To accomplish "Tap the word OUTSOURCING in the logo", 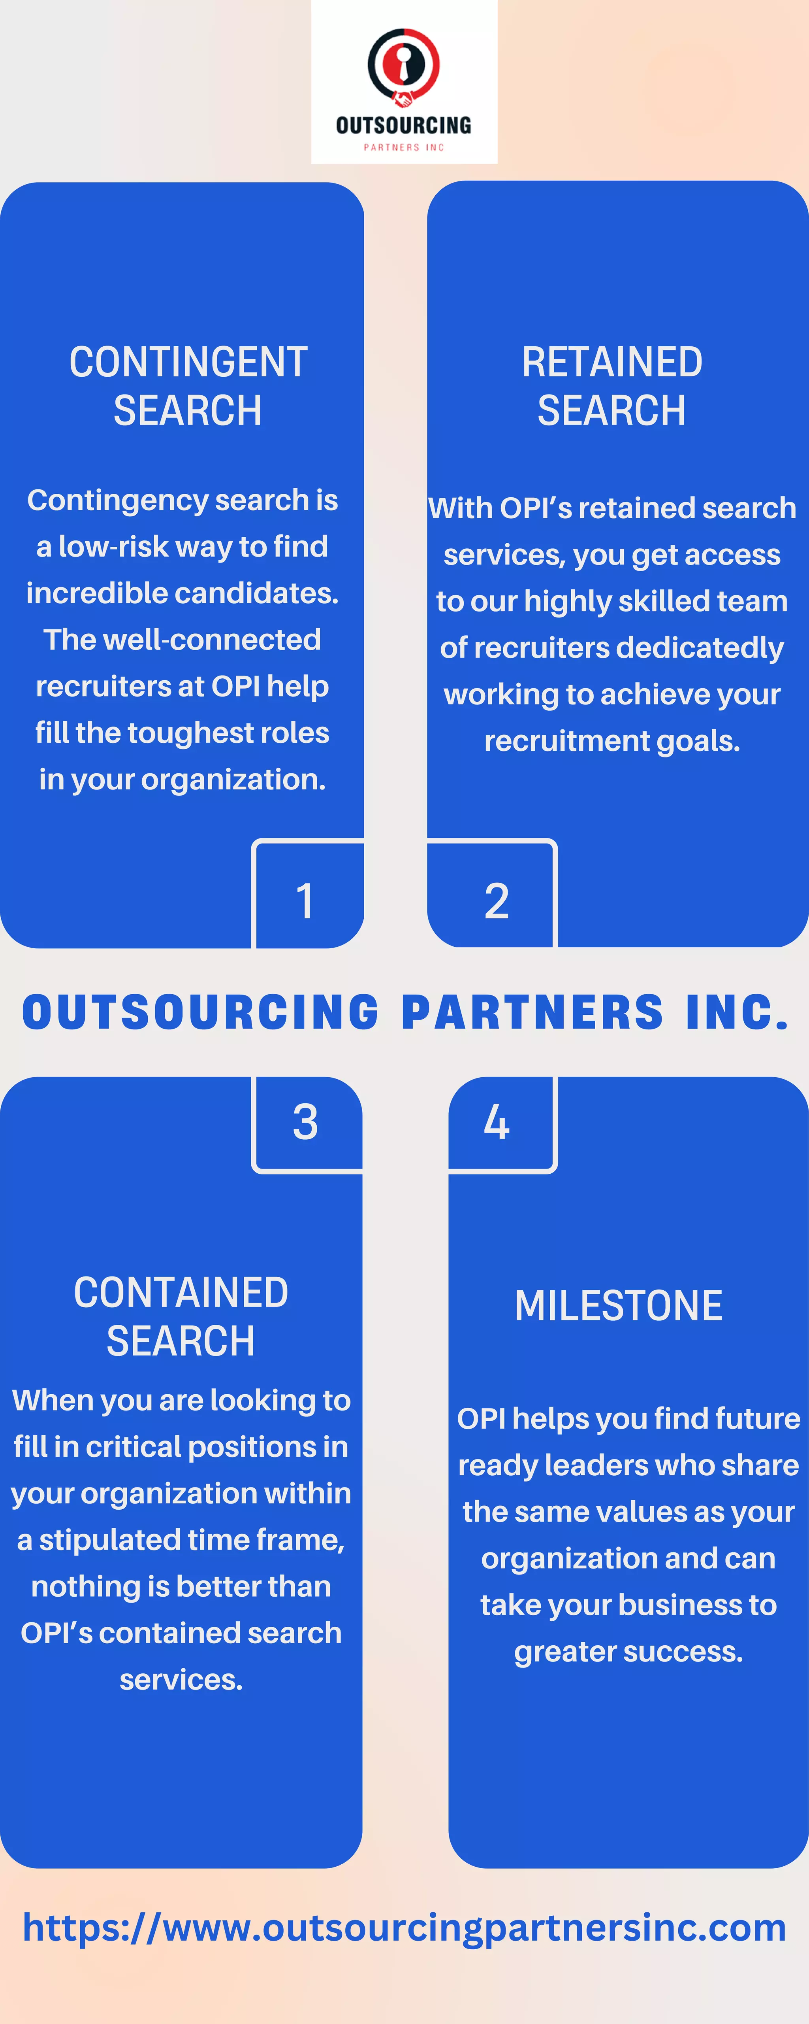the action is (x=404, y=125).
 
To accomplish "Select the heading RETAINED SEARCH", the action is (x=612, y=386).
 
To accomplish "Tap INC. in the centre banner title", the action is (x=736, y=1012).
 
